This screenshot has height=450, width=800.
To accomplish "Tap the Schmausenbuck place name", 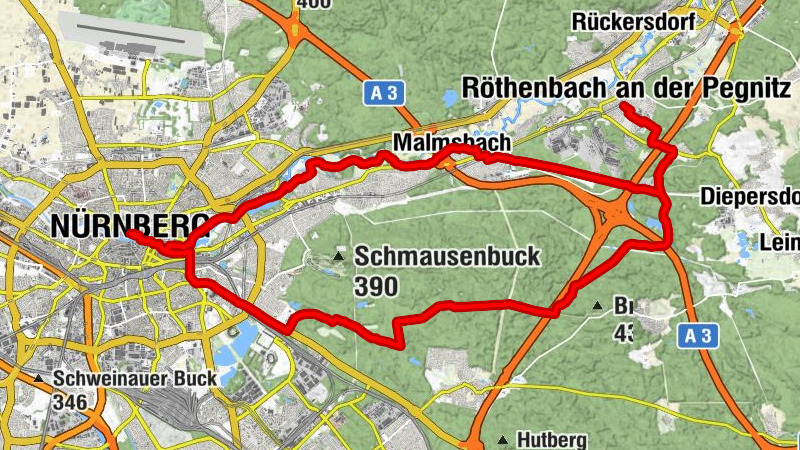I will [446, 257].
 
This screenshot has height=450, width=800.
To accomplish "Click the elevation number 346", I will [77, 402].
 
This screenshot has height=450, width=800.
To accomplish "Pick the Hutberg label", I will [549, 439].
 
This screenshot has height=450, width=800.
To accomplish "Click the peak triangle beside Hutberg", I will [502, 439].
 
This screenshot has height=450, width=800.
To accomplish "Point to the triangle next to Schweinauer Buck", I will [38, 379].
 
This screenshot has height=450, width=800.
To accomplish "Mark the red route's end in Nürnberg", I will [129, 235].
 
